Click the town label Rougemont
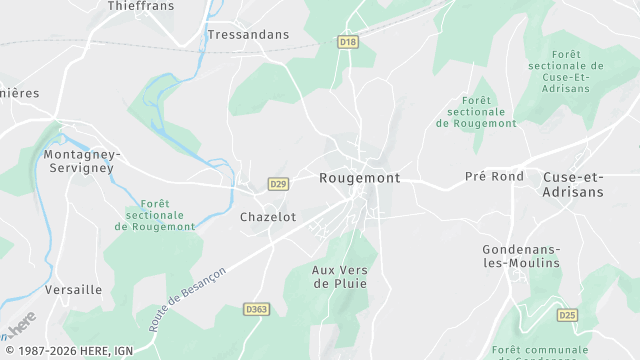pos(359,178)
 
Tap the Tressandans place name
pos(248,35)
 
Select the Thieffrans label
pos(140,6)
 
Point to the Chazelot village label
pos(268,217)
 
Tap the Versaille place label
pos(73,290)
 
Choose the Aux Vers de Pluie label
pos(339,277)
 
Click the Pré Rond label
pos(494,177)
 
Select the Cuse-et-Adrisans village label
pos(574,184)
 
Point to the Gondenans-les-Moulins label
pos(520,256)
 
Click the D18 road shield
pos(348,42)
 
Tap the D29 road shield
pos(279,184)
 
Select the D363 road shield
pos(257,310)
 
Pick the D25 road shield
pos(567,315)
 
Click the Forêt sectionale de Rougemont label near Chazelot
pos(155,214)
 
